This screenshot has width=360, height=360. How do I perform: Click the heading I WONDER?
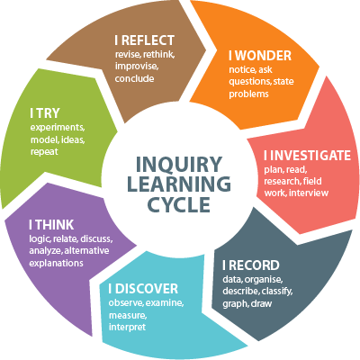[x=260, y=56]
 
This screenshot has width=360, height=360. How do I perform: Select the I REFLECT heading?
[x=144, y=40]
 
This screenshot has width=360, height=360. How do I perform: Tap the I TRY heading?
[x=45, y=113]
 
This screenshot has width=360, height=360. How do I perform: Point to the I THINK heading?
[x=51, y=225]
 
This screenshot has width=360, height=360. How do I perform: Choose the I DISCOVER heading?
[x=143, y=289]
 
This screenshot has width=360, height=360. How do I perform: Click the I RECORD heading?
[x=251, y=265]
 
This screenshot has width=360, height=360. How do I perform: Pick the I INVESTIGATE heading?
[x=307, y=156]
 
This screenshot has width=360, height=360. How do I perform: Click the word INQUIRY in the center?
[x=179, y=165]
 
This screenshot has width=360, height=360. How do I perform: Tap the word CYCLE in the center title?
[x=179, y=204]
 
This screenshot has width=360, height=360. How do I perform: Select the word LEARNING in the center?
[x=179, y=184]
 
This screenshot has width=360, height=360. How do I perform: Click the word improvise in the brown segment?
[x=137, y=67]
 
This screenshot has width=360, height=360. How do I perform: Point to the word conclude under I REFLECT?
[x=134, y=78]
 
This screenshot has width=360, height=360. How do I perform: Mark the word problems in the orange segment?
[x=248, y=94]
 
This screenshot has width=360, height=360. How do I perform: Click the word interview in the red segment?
[x=309, y=193]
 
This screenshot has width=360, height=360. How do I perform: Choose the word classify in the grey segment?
[x=277, y=292]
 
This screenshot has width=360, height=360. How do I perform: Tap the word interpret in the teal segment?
[x=127, y=327]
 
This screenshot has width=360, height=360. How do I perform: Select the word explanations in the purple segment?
[x=56, y=264]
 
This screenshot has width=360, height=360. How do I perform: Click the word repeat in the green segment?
[x=44, y=152]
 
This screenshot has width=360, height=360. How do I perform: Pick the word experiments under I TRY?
[x=58, y=128]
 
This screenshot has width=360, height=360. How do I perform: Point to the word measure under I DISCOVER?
[x=128, y=316]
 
